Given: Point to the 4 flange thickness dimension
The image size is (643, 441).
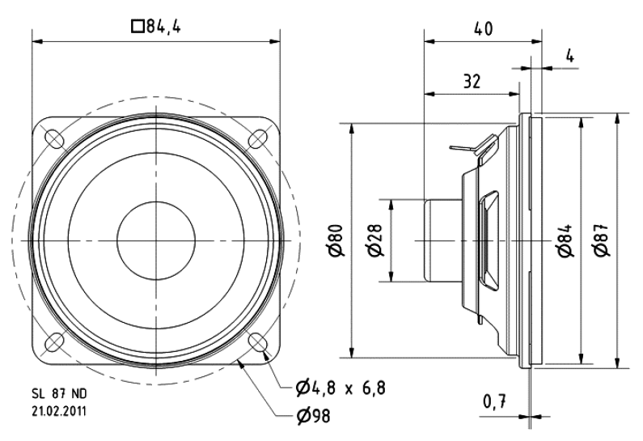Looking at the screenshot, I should pos(569,56).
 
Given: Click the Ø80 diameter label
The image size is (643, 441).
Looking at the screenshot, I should pos(339,240).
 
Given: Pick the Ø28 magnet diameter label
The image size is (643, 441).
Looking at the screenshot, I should pos(375,240).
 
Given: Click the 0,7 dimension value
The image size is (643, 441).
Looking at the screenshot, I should pos(494,401).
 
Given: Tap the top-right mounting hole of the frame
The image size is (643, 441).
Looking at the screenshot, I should pos(258,138).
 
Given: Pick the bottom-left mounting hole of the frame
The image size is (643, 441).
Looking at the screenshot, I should pos(55,341).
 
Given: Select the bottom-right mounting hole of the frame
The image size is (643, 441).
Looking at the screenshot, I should pos(258,341).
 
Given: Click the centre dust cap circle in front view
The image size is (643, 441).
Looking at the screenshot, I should pos(156,240).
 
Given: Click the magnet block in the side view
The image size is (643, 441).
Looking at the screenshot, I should pos(442,240).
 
